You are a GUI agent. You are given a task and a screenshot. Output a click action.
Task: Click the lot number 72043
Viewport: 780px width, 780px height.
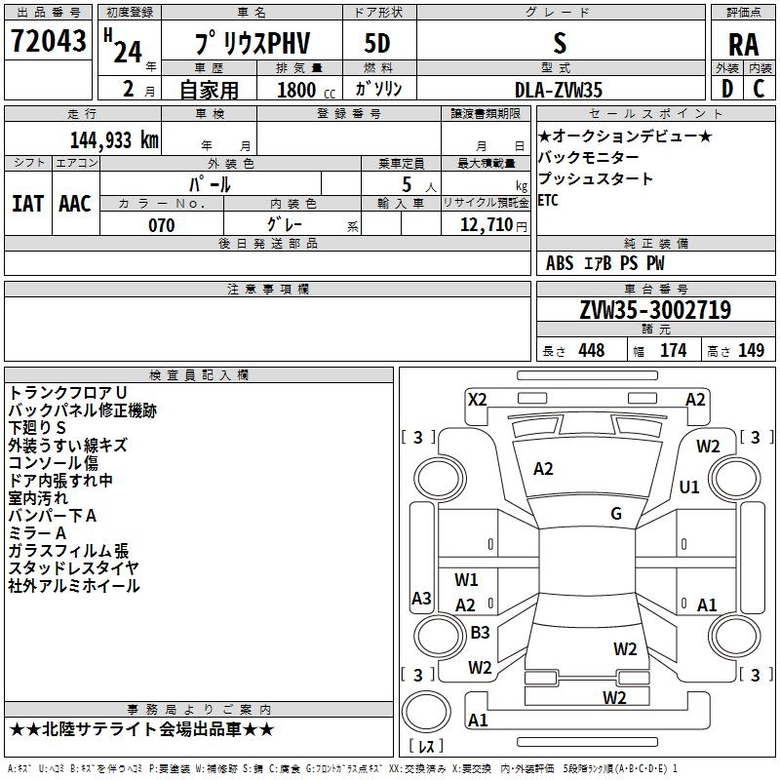(48, 40)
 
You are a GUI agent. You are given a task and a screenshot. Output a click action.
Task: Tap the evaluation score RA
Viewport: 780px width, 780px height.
(743, 45)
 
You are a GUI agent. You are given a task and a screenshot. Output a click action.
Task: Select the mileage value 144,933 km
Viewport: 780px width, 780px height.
(114, 139)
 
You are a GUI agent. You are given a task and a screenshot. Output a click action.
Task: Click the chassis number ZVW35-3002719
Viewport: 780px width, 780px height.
(655, 309)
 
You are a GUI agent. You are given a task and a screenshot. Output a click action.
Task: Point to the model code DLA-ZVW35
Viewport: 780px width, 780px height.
(558, 90)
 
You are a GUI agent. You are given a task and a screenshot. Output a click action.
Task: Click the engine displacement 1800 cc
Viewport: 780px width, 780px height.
(306, 90)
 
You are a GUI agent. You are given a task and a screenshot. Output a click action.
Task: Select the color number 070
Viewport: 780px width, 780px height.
(162, 225)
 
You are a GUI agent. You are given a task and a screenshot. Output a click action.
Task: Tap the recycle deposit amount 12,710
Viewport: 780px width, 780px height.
(486, 224)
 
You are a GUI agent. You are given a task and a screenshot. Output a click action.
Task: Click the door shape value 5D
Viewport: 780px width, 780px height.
(377, 43)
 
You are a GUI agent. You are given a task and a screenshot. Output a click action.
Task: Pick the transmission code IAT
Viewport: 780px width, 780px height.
(27, 204)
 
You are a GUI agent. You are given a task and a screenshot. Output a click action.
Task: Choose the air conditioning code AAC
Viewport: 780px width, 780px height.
(75, 204)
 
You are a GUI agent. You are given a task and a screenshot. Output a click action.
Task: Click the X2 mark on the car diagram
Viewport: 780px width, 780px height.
(478, 400)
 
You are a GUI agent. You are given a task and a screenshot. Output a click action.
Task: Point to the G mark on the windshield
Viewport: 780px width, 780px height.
(616, 514)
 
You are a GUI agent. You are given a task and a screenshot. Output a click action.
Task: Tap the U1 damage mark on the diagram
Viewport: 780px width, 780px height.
(689, 487)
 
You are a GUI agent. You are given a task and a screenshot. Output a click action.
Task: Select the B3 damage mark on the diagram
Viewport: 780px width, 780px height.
(480, 632)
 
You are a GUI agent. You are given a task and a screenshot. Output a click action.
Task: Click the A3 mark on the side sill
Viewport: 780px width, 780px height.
(421, 598)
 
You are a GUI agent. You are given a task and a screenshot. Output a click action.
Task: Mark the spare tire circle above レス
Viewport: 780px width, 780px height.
(426, 713)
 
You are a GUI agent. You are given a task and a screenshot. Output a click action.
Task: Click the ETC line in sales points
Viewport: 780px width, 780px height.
(548, 201)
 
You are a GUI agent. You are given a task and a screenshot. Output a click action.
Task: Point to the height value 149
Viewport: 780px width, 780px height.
(751, 350)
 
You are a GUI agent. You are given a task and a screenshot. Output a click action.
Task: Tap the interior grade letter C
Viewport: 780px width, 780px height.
(759, 89)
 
